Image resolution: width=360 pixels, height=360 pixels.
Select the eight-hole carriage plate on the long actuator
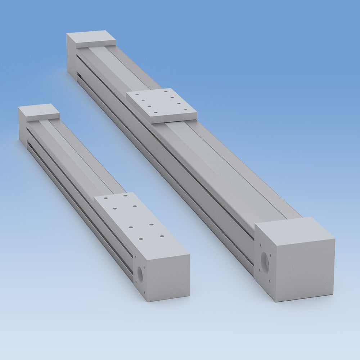(162, 105)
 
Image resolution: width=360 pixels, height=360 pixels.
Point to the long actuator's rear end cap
(91, 39)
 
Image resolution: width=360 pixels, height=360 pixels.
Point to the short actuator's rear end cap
(39, 112)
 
